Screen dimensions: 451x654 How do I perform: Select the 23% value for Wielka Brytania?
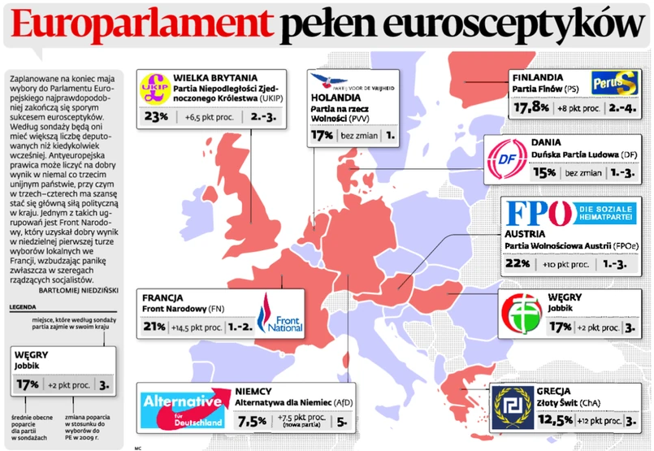(x=155, y=117)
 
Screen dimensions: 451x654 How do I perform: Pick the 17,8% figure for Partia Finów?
(x=526, y=106)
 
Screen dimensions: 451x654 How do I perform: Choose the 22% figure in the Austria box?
(x=517, y=264)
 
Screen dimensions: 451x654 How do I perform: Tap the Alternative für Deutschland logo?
(x=183, y=409)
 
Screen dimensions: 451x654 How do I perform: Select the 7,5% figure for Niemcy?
(x=252, y=421)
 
